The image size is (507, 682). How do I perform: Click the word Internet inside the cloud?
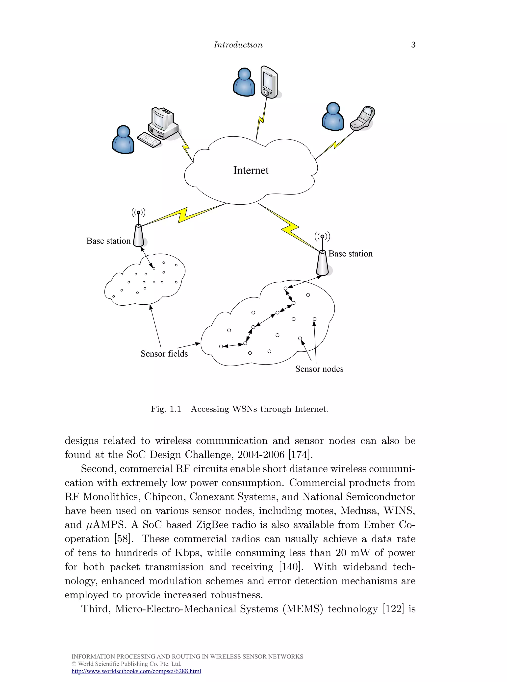coord(251,170)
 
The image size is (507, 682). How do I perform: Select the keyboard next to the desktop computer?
coord(149,140)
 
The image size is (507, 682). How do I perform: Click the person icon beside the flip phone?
coord(332,117)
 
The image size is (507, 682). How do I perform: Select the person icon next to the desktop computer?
coord(123,140)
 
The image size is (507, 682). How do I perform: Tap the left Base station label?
coord(108,241)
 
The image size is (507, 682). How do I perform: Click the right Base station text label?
coord(351,254)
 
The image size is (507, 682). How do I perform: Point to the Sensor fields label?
coord(164,354)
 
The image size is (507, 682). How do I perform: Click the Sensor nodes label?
coord(319,369)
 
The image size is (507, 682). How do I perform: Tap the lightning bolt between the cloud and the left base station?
coord(183,215)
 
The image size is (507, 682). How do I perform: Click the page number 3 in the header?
coord(413,45)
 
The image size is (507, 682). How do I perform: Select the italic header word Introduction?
coord(238,45)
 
